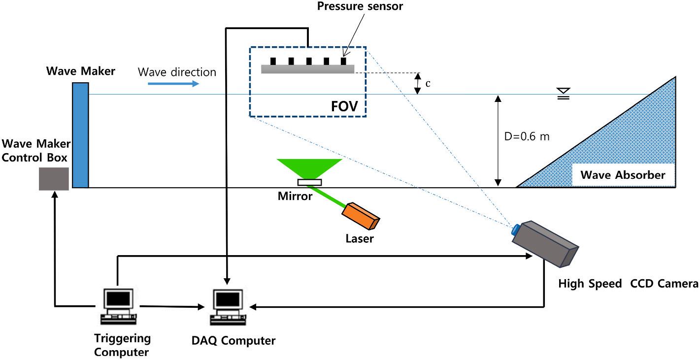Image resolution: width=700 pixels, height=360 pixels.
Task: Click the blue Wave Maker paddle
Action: [80, 135]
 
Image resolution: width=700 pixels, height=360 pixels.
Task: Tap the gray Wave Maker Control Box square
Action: [54, 179]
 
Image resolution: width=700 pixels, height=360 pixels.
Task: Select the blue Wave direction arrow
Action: [173, 84]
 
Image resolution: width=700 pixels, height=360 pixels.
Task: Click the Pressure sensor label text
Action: [360, 7]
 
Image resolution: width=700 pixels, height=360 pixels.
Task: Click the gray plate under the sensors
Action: [307, 70]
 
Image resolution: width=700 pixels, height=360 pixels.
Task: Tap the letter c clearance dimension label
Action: [428, 84]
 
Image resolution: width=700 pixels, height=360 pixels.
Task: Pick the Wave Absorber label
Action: [623, 175]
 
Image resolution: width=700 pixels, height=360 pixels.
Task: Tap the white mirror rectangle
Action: [310, 183]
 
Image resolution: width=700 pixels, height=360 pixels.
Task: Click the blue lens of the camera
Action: [516, 229]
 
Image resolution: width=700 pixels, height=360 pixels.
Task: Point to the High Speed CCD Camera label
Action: [628, 284]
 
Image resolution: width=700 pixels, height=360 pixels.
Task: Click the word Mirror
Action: [295, 196]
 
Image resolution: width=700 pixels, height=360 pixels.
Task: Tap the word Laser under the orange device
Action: [359, 239]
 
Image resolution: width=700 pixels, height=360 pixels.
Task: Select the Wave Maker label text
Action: [81, 71]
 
